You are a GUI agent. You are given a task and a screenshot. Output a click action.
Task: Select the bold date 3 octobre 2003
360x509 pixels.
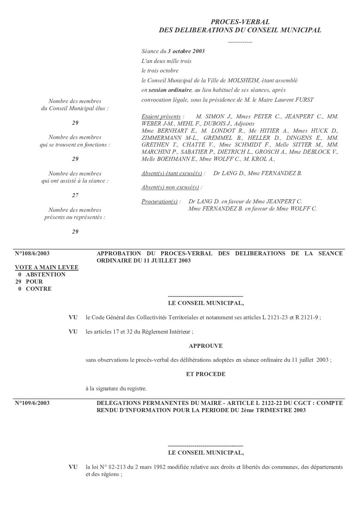point(186,51)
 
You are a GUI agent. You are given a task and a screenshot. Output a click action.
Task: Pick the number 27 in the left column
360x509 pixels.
point(75,195)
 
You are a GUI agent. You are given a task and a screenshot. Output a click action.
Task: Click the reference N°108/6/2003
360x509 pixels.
point(32,254)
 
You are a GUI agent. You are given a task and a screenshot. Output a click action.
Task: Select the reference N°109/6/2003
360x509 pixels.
point(32,403)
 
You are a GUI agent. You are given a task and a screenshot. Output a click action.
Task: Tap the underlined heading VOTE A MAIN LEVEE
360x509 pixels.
point(47,268)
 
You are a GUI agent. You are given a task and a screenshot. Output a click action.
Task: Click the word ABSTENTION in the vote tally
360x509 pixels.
point(46,275)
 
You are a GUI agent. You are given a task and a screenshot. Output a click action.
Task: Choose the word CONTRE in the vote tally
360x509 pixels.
point(39,289)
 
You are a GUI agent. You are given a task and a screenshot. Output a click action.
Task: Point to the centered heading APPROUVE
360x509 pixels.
point(206,346)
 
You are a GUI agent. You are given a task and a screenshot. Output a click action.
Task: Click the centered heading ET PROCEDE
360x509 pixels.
point(206,374)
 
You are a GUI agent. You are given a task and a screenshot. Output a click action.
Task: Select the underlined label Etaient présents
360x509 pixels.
point(161,117)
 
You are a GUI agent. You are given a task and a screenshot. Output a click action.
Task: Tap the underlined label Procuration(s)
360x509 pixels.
point(159,202)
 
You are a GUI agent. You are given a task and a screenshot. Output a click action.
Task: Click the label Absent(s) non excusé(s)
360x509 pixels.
point(170,187)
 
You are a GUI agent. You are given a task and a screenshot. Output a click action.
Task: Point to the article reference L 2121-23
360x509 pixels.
point(275,318)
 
